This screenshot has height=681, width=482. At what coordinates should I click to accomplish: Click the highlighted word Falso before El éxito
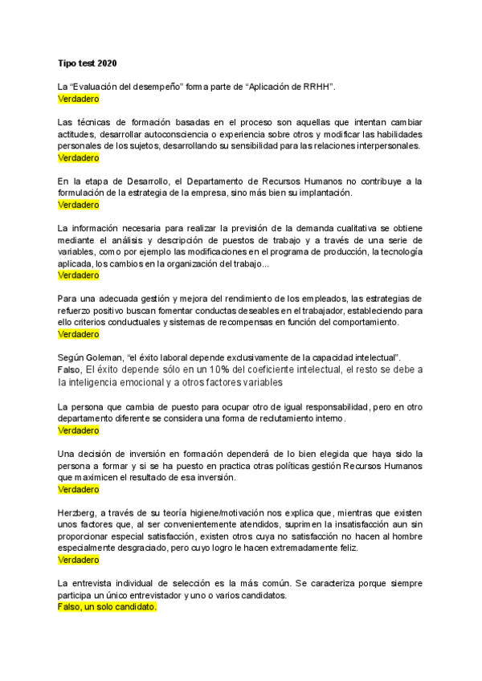70,369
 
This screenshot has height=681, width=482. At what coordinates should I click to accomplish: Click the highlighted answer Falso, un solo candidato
107,608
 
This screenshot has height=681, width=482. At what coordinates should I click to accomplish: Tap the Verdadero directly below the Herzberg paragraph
78,560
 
